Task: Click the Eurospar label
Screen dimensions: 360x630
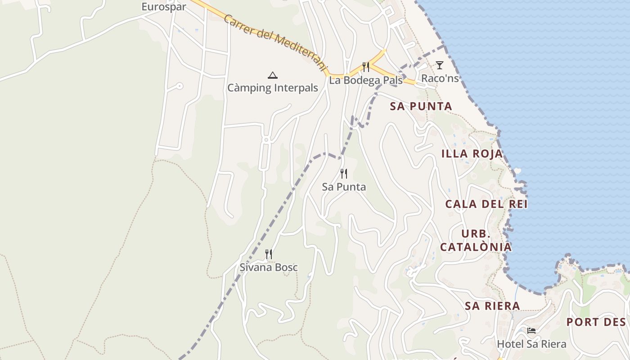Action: point(164,7)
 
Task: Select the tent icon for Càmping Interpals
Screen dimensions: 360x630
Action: point(272,75)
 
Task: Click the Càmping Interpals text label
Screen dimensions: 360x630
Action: point(272,88)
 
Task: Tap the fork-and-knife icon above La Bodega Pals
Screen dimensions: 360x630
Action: point(366,67)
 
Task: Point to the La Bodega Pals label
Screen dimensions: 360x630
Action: point(366,81)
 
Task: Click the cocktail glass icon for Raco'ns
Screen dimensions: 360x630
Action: point(440,65)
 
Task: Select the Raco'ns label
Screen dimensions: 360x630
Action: point(440,78)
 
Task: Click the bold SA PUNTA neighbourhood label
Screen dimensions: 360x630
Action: point(421,106)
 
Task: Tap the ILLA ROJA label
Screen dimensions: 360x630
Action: point(472,153)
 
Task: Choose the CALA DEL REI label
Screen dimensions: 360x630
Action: point(486,204)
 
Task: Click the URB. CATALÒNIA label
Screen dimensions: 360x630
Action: point(476,240)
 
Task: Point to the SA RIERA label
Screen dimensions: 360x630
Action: point(492,306)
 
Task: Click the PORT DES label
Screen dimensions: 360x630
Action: point(596,322)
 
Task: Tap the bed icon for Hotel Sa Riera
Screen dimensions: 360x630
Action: point(531,331)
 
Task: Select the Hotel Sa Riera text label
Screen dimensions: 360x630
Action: point(531,344)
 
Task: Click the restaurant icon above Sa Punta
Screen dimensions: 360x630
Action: point(344,173)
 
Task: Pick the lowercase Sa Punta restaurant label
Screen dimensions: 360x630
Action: point(344,187)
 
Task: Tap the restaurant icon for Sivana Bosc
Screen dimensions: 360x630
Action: point(269,254)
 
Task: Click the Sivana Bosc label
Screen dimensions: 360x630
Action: point(269,267)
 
